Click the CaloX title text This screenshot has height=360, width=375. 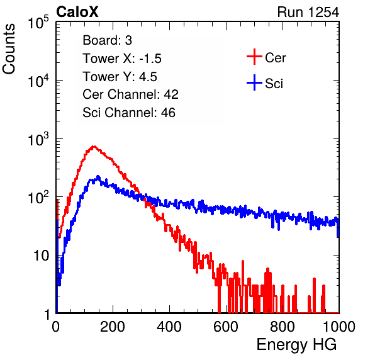pos(77,12)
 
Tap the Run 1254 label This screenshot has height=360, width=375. pos(308,12)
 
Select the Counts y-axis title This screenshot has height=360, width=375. pos(9,49)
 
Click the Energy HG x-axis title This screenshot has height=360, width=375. pos(296,345)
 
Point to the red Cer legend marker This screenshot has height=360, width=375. pos(254,57)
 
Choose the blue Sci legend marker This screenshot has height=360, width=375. pos(254,83)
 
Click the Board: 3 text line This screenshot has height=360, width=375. pos(107,40)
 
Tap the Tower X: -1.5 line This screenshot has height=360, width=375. pos(122,59)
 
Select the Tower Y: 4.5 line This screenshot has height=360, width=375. pos(120,77)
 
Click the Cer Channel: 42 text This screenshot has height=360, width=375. pos(130,94)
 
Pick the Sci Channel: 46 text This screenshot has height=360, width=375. pos(129,113)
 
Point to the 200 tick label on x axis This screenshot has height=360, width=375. pos(113,327)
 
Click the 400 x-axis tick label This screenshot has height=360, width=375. pos(169,327)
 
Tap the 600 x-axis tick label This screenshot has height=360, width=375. pos(226,327)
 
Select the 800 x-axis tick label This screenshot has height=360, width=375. pos(283,327)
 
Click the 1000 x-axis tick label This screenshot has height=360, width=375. pos(339,327)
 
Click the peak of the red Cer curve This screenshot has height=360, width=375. pos(94,146)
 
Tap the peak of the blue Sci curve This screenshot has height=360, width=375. pos(98,176)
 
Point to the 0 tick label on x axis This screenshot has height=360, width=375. pos(56,327)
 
